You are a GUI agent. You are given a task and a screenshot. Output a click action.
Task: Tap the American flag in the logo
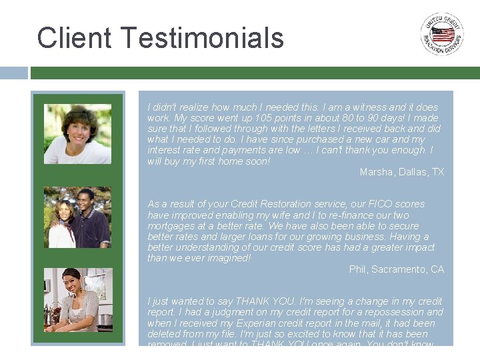442,34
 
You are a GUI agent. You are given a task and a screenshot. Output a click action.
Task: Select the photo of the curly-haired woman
77,134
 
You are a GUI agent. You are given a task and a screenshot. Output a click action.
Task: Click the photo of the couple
77,217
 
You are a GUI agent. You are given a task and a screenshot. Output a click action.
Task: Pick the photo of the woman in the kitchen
77,300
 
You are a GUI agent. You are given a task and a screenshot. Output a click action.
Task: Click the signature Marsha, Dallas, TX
401,172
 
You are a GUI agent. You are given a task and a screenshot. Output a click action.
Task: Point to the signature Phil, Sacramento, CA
396,269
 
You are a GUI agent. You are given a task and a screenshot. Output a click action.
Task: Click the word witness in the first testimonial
366,107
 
